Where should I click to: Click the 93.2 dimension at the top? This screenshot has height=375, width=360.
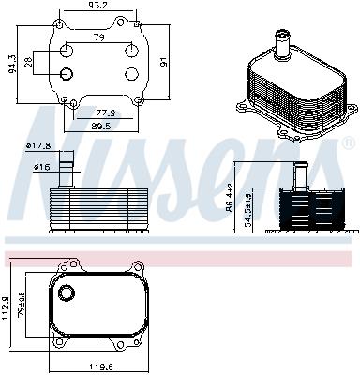coord(98,7)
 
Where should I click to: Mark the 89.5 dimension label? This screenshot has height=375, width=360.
coord(101,125)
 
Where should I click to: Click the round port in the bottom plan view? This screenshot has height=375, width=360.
coord(67,294)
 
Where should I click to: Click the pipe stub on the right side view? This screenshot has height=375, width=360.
coord(301,174)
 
